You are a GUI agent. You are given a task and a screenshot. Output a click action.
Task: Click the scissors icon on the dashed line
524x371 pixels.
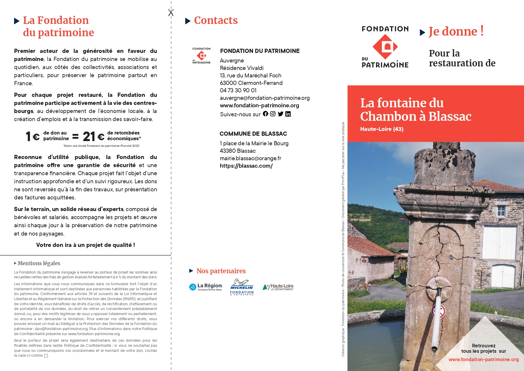tap(171, 12)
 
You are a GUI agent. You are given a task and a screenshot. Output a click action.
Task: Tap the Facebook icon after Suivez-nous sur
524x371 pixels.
tap(266, 114)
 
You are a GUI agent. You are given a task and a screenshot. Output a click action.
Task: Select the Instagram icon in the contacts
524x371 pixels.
tap(273, 114)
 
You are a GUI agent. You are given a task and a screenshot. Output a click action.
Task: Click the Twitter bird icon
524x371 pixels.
tap(280, 114)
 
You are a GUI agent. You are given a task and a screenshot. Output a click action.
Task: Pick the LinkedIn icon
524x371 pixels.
tap(288, 114)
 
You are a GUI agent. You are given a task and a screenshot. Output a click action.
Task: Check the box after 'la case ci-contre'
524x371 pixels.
tap(46, 356)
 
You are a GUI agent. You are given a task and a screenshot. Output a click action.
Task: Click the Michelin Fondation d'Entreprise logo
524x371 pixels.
tap(242, 287)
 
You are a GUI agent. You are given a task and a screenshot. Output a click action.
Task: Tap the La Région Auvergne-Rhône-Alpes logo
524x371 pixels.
tap(206, 287)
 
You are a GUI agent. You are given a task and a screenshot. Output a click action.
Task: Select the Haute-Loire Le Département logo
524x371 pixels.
tap(278, 287)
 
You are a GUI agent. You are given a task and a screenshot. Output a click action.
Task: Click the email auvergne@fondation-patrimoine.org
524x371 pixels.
tap(265, 98)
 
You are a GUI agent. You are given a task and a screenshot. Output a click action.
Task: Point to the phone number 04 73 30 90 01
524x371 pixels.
tap(238, 90)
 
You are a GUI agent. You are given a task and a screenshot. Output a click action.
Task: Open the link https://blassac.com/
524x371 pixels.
tap(246, 166)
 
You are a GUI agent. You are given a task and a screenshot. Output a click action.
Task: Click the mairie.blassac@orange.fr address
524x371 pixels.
tap(250, 158)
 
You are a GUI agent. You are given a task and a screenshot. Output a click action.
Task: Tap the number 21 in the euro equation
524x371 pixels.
tap(89, 137)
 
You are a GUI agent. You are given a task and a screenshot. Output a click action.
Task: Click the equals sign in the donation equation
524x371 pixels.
tap(76, 137)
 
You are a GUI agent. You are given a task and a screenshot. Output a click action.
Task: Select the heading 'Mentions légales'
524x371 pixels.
tap(39, 263)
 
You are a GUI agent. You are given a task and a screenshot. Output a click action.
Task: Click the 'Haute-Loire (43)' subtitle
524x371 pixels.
tap(381, 129)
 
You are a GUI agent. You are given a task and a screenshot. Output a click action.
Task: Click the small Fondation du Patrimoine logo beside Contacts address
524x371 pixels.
tap(201, 55)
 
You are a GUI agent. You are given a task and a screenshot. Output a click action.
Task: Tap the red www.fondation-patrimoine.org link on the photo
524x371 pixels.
tap(483, 359)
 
